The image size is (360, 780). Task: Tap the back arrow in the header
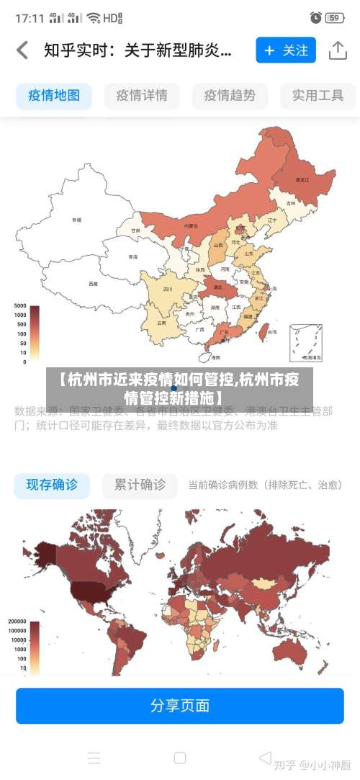(23, 50)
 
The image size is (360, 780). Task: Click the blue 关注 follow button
(286, 50)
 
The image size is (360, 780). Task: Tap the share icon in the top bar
(338, 50)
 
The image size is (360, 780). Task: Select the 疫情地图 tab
(54, 95)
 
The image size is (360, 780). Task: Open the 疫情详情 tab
(142, 95)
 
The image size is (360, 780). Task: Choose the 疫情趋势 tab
(230, 95)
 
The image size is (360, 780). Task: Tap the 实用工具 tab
(318, 95)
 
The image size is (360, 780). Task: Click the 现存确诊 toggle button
(52, 485)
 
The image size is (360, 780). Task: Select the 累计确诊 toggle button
(140, 485)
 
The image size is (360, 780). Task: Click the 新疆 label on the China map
(77, 219)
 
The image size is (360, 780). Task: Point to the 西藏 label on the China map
(93, 284)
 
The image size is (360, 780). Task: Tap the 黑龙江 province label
(302, 179)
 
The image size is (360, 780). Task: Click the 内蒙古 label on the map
(191, 225)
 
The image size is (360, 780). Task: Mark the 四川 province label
(168, 290)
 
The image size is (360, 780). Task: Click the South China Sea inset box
(306, 343)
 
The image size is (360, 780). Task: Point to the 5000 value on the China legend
(19, 306)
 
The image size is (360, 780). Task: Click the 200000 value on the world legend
(17, 621)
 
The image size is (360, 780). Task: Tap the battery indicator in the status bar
(333, 17)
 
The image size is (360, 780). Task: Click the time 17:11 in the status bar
(30, 17)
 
